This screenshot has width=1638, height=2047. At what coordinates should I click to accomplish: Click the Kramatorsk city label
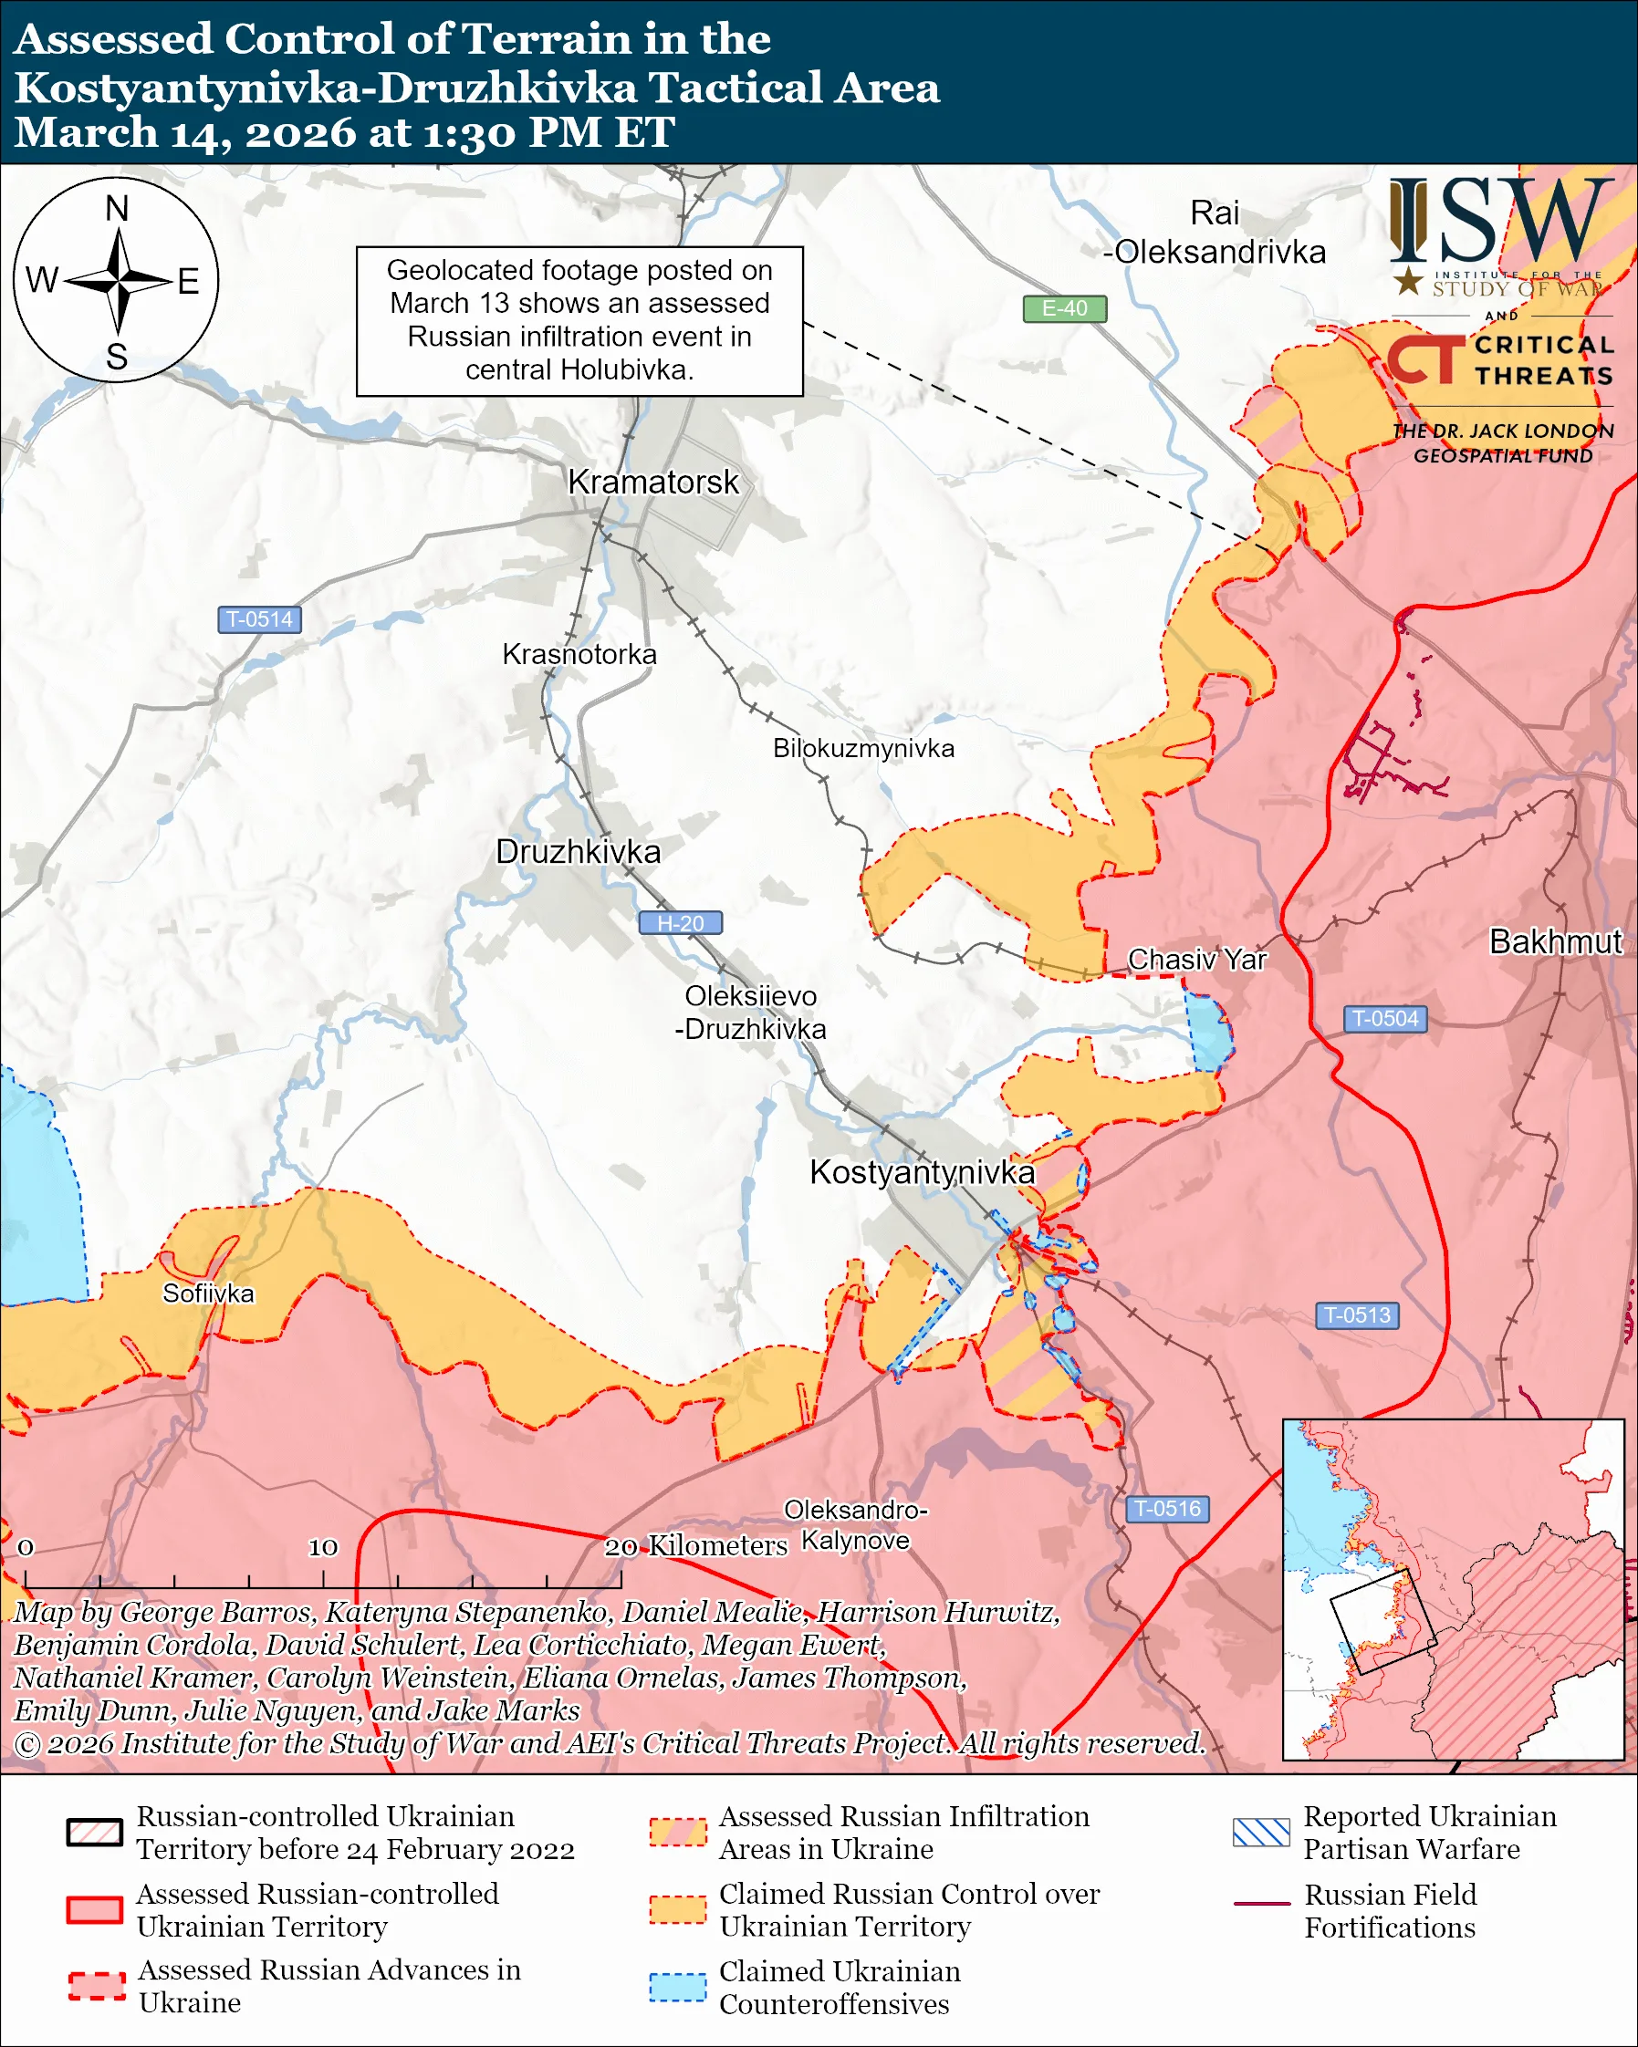point(652,483)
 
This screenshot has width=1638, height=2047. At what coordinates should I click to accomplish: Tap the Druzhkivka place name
point(578,852)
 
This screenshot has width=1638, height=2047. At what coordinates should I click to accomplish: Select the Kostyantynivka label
point(921,1172)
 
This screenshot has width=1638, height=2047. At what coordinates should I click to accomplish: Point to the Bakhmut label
point(1555,941)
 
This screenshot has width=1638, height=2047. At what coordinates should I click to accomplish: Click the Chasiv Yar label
point(1196,960)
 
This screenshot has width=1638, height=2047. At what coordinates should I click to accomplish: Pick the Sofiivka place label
point(208,1294)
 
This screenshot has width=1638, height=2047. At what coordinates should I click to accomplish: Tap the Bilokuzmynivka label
point(863,748)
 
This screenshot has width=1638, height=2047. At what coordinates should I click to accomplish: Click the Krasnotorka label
point(579,654)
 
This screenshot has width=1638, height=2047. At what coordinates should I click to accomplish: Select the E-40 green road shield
point(1063,308)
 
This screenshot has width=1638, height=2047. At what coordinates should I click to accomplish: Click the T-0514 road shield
point(259,619)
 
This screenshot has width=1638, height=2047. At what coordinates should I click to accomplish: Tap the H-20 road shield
point(680,923)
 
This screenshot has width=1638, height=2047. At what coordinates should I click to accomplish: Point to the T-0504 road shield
point(1384,1019)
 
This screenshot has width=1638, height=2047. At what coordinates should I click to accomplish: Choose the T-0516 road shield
point(1167,1509)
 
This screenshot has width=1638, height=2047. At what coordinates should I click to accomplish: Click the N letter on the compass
point(117,209)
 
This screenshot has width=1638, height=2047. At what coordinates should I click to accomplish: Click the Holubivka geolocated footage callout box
point(579,321)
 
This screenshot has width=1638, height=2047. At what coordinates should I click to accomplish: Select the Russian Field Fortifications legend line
point(1261,1904)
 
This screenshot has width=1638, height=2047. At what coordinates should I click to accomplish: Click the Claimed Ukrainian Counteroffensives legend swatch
point(677,1987)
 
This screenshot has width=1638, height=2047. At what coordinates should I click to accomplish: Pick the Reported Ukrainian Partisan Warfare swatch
point(1261,1832)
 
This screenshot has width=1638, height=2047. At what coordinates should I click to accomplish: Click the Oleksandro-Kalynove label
point(855,1525)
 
